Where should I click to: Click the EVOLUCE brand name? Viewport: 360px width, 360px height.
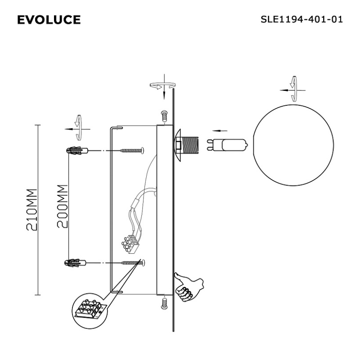49,19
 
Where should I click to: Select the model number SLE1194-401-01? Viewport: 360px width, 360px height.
301,19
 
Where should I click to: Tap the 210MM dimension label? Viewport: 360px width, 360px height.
32,210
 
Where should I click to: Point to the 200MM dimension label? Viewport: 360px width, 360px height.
63,206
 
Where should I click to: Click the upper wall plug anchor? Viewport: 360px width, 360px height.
77,151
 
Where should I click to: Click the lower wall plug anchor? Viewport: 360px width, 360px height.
75,263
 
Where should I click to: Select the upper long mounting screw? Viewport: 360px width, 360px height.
132,151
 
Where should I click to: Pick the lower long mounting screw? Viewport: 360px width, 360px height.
133,263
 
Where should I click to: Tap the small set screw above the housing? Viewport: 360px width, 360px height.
164,116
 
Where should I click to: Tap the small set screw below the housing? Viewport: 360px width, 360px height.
164,303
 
